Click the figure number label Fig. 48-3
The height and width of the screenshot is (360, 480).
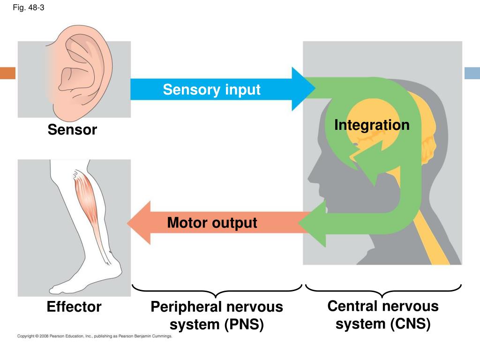pyautogui.click(x=29, y=7)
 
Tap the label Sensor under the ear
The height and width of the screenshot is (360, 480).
pyautogui.click(x=72, y=129)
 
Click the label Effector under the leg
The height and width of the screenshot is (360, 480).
pyautogui.click(x=74, y=307)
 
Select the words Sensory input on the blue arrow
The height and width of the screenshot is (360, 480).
pyautogui.click(x=211, y=90)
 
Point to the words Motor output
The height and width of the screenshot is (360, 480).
pyautogui.click(x=212, y=223)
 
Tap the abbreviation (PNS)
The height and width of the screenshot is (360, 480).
pyautogui.click(x=244, y=324)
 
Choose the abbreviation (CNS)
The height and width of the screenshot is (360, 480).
pyautogui.click(x=411, y=324)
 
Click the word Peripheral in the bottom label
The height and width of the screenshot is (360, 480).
pyautogui.click(x=186, y=307)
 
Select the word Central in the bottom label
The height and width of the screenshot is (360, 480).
pyautogui.click(x=353, y=306)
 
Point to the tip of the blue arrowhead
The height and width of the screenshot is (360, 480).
pyautogui.click(x=315, y=89)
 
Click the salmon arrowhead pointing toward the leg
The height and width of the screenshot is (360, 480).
pyautogui.click(x=139, y=223)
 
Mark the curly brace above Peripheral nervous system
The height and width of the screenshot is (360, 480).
pyautogui.click(x=217, y=291)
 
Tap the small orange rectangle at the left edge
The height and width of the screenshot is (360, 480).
pyautogui.click(x=7, y=73)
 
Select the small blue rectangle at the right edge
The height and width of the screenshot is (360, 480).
pyautogui.click(x=472, y=73)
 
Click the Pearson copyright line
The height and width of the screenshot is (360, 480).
pyautogui.click(x=95, y=336)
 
